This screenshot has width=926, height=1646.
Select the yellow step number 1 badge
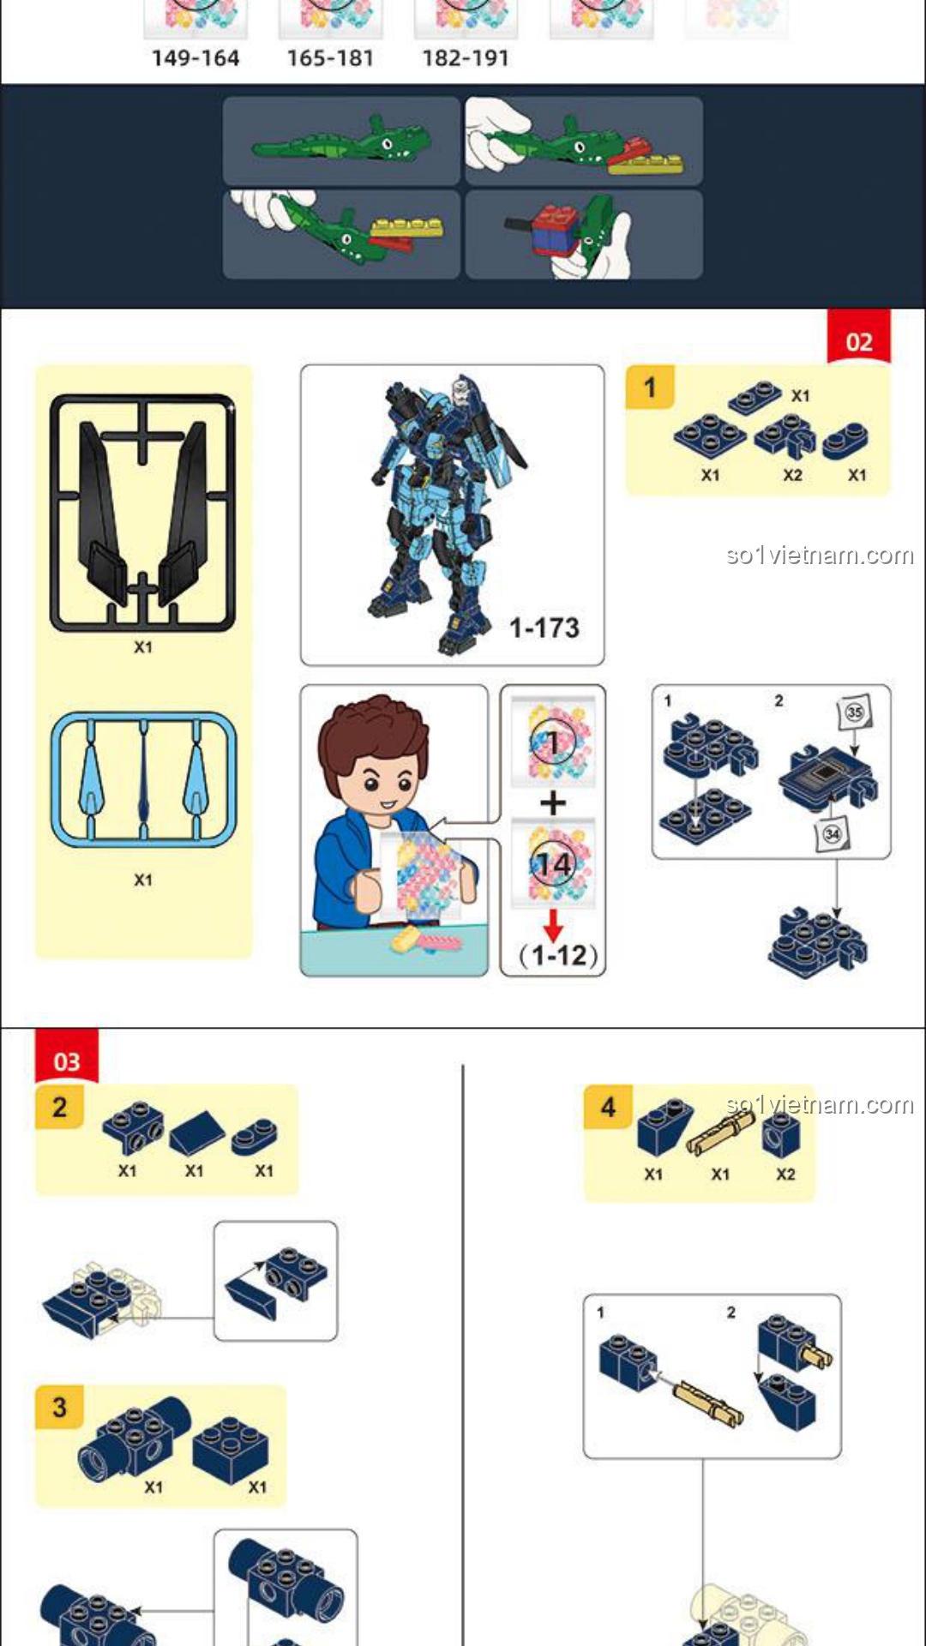click(649, 387)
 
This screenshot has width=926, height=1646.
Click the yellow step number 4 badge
click(608, 1107)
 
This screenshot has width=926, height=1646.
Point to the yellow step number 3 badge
click(59, 1407)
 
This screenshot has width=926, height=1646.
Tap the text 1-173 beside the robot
click(544, 628)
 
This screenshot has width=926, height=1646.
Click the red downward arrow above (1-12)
click(553, 925)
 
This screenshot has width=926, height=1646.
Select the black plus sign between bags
click(553, 803)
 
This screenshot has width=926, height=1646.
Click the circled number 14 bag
click(553, 863)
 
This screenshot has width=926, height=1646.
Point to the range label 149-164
click(195, 58)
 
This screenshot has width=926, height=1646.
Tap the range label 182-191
click(466, 58)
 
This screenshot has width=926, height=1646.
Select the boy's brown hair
click(373, 730)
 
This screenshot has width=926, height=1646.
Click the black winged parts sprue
click(142, 513)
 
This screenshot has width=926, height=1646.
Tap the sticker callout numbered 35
click(854, 712)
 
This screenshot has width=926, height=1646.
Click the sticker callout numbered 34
click(832, 834)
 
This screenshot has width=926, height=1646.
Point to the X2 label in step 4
click(785, 1174)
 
